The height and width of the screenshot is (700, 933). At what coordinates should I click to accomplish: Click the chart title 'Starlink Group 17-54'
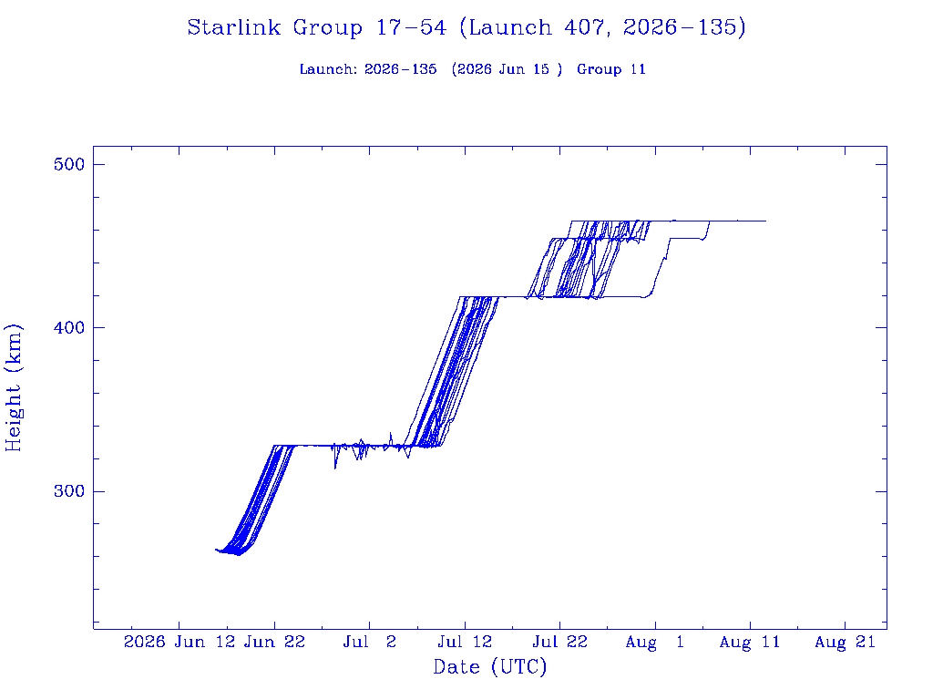coord(316,27)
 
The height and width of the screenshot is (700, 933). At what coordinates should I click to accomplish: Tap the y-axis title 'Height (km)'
coord(13,387)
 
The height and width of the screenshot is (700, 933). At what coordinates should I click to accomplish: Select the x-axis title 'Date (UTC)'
coord(489,666)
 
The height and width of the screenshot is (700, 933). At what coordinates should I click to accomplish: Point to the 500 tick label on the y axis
coord(69,164)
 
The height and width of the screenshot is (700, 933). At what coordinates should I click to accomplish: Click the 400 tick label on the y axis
coord(69,327)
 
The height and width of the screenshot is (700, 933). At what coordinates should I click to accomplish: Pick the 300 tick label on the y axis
coord(69,491)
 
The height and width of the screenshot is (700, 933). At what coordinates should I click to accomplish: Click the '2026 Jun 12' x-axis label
coord(179,642)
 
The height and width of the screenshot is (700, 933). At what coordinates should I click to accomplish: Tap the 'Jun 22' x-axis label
coord(275,642)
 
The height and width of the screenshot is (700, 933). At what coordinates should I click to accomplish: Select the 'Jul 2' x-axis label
coord(370,642)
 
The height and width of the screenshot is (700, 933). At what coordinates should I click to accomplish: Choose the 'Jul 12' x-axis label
coord(465,642)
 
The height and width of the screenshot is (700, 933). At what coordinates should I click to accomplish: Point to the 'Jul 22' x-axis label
coord(560,642)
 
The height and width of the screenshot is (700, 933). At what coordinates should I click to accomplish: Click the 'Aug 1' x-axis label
coord(655,642)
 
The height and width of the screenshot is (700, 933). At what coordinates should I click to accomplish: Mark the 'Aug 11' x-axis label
coord(750,642)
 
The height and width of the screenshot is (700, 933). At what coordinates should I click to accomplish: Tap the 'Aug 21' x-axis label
coord(845,642)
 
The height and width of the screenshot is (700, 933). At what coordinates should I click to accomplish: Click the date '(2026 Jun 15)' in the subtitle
coord(507,69)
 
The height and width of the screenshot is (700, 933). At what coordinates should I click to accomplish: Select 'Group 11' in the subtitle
coord(611,69)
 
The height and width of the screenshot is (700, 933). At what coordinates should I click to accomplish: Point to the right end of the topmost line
coord(765,221)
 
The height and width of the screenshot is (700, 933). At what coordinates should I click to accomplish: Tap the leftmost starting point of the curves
coord(215,550)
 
